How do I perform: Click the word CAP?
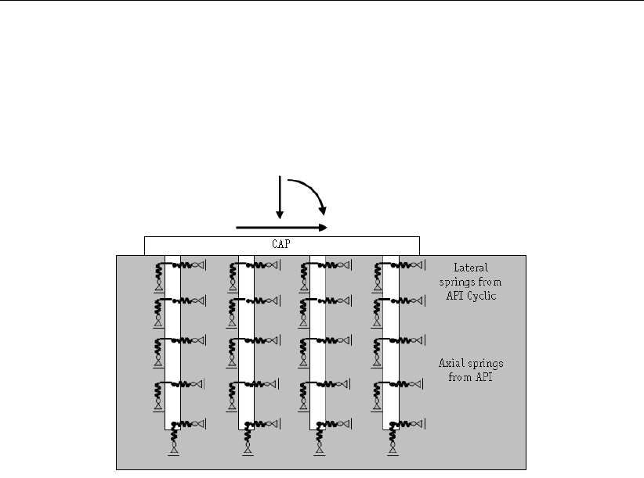point(281,244)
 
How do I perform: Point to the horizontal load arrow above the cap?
point(281,228)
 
